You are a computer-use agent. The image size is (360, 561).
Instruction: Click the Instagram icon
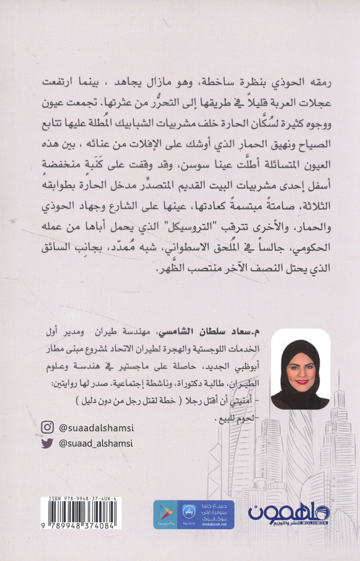47,428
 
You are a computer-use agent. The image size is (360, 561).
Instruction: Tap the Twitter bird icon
47,443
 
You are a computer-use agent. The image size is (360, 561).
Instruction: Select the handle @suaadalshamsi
97,428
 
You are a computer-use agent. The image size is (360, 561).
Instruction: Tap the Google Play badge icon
167,514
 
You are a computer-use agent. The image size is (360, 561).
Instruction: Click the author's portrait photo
300,369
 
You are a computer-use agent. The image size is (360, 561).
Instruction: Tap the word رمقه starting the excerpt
319,83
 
